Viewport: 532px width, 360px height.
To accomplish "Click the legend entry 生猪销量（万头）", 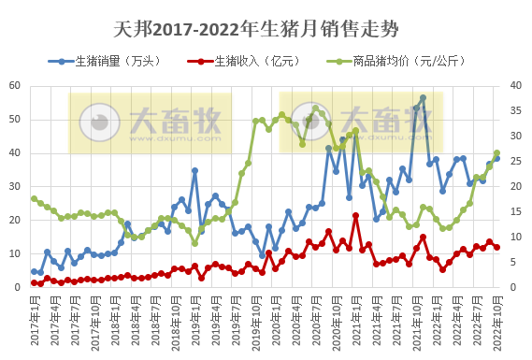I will pos(109,61).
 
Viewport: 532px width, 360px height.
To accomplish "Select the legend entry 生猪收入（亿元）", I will pos(240,61).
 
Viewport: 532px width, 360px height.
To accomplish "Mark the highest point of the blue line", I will pos(423,98).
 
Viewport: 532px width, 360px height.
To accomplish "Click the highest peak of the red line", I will pos(355,216).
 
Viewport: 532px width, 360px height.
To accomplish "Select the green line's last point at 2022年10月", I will pos(496,152).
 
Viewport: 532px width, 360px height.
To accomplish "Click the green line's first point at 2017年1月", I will pos(34,198).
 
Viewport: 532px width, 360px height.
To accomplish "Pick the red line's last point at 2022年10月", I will pos(496,247).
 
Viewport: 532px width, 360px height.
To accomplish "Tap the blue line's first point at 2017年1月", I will pos(34,271).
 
